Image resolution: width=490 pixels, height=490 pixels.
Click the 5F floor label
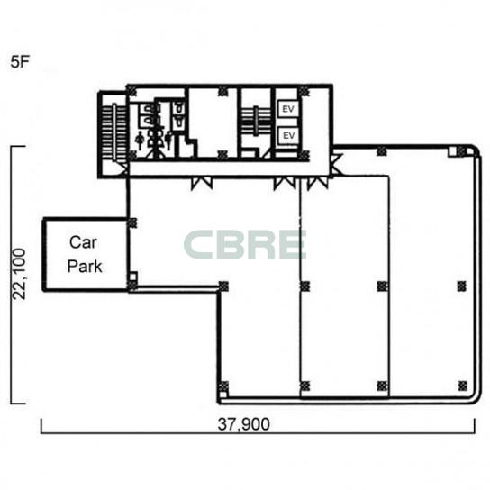(x=20, y=61)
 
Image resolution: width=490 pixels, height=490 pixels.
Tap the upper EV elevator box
(x=288, y=109)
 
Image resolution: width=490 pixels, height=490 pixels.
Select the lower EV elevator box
(x=288, y=135)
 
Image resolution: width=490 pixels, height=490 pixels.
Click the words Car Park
(x=85, y=254)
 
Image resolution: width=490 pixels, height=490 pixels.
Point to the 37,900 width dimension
(x=244, y=424)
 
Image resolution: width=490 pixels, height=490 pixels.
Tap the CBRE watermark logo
(x=245, y=245)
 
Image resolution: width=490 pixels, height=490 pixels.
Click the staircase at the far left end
(x=114, y=132)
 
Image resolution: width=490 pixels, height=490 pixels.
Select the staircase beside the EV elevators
(x=256, y=121)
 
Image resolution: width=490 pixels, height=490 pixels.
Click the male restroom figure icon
(x=168, y=140)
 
